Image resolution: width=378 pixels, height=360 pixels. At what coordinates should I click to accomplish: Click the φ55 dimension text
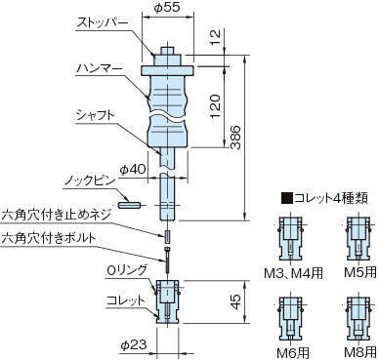(x=166, y=7)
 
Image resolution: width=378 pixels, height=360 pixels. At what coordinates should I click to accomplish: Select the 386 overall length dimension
(x=235, y=137)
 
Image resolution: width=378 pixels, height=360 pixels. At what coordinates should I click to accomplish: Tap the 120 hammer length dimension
(x=215, y=106)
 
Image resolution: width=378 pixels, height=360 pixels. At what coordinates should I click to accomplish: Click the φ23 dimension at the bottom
(x=134, y=344)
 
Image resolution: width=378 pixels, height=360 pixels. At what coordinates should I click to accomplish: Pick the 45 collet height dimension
(x=235, y=301)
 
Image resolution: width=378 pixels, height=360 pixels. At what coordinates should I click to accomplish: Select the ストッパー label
(x=103, y=23)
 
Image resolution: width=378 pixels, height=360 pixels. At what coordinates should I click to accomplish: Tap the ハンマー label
(x=100, y=69)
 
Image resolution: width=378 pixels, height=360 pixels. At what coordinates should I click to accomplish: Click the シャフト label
(x=96, y=115)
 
